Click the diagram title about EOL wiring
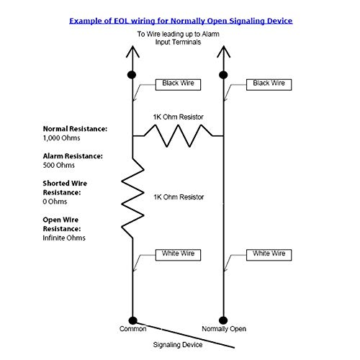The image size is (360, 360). (181, 21)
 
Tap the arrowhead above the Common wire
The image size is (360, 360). (132, 51)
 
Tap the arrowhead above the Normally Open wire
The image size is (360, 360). (223, 51)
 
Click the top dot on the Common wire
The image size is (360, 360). (132, 75)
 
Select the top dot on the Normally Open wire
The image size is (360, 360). (223, 75)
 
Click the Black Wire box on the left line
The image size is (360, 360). (178, 85)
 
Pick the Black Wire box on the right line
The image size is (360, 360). (269, 85)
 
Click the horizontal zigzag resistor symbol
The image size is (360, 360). (178, 136)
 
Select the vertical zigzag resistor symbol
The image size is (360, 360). (132, 198)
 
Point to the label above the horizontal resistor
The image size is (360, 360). (178, 117)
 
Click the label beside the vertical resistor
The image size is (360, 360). (179, 197)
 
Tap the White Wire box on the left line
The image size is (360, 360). (178, 255)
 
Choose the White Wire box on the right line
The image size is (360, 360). (269, 255)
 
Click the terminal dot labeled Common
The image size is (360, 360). (132, 320)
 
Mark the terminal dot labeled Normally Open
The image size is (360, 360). (223, 320)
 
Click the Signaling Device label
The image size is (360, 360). (178, 345)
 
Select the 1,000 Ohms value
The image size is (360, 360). (61, 138)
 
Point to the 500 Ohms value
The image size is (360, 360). (59, 165)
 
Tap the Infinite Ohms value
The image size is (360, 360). (64, 238)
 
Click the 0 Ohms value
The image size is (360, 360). (55, 202)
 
